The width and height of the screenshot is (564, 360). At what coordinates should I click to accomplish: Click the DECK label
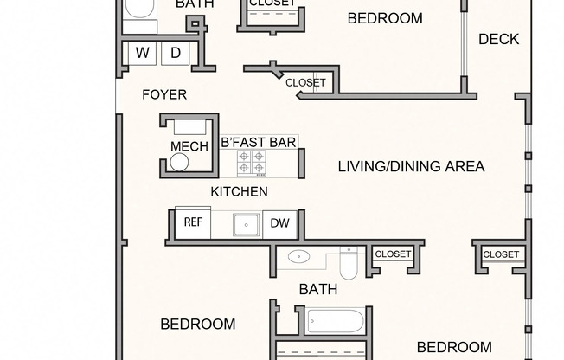pyautogui.click(x=498, y=38)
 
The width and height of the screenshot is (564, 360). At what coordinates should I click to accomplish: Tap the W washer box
pyautogui.click(x=143, y=53)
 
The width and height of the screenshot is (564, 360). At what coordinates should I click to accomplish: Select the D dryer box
pyautogui.click(x=175, y=53)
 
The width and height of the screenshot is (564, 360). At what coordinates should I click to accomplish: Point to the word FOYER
pyautogui.click(x=164, y=94)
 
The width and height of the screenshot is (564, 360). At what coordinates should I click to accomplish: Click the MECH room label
pyautogui.click(x=189, y=146)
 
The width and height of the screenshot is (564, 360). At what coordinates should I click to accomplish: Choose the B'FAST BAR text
pyautogui.click(x=260, y=140)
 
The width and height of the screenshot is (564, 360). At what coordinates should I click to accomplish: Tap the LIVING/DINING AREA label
pyautogui.click(x=411, y=166)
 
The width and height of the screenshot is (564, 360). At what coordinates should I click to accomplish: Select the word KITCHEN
pyautogui.click(x=239, y=191)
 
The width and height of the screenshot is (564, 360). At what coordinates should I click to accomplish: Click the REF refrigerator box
pyautogui.click(x=193, y=222)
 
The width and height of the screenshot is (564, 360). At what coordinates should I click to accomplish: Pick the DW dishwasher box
pyautogui.click(x=279, y=223)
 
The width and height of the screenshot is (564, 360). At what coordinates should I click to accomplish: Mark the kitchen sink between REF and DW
pyautogui.click(x=247, y=224)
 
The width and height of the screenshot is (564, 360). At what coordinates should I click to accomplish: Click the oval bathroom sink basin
pyautogui.click(x=299, y=256)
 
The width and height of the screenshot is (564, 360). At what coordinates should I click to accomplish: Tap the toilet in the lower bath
pyautogui.click(x=349, y=262)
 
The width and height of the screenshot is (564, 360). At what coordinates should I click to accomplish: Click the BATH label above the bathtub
pyautogui.click(x=317, y=289)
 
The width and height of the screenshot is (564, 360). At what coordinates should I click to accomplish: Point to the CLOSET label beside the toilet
pyautogui.click(x=393, y=254)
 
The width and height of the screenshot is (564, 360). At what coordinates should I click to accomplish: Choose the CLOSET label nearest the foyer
pyautogui.click(x=306, y=83)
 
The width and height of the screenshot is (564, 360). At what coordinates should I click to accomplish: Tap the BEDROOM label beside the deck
pyautogui.click(x=385, y=18)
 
